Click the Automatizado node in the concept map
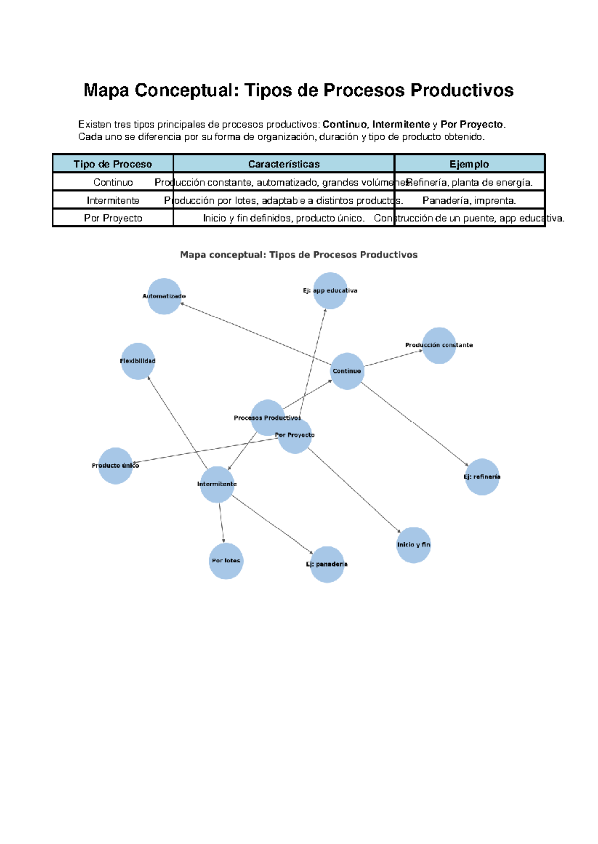click(164, 296)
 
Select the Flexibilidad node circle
click(138, 361)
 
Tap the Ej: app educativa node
click(330, 291)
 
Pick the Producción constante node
click(439, 345)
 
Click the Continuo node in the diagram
click(347, 371)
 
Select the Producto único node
click(115, 466)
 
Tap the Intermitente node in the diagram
click(217, 484)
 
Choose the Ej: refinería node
click(482, 477)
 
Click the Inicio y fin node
click(413, 545)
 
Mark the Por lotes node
click(226, 561)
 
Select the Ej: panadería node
click(327, 564)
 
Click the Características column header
click(284, 164)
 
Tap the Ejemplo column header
click(469, 164)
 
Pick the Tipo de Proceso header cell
click(113, 164)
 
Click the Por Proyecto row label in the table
click(113, 218)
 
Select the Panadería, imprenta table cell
click(469, 201)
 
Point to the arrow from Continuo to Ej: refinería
click(415, 424)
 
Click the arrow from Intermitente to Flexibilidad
click(177, 423)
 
